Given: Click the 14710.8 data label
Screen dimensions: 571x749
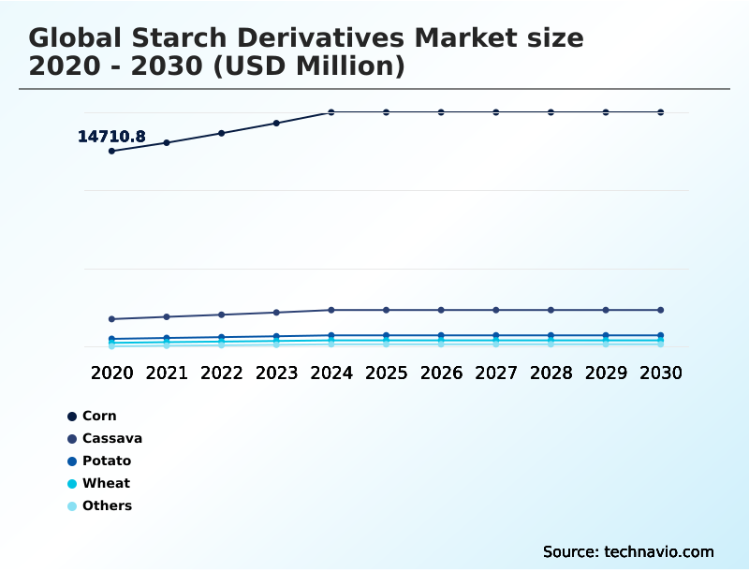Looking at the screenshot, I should [x=111, y=137].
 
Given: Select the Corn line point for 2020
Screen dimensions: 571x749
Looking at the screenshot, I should [x=111, y=151].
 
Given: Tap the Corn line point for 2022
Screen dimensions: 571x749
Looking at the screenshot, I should [x=222, y=133].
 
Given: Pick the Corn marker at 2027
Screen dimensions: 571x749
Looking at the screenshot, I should [x=496, y=112].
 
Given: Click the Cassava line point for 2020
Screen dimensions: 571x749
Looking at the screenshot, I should [x=111, y=319].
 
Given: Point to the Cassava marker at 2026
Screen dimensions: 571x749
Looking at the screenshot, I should [x=441, y=310].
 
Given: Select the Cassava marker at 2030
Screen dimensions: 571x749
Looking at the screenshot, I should [x=660, y=310].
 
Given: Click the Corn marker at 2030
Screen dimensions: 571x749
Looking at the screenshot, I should [x=660, y=112].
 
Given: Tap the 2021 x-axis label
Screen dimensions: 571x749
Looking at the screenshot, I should [x=167, y=373].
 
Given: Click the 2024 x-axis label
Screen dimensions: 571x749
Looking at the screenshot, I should [x=331, y=373].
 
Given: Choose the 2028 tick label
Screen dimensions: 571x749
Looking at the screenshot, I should [x=551, y=373].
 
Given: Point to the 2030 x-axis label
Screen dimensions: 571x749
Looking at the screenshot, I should [x=660, y=373].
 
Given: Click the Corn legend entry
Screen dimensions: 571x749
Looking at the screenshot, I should [x=99, y=416].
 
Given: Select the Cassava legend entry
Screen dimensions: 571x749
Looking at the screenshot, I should [x=111, y=438].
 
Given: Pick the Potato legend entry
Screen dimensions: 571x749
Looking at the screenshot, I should [x=106, y=461].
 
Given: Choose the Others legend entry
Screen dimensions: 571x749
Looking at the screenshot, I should [x=107, y=505].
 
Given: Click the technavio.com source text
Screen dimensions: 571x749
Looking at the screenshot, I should [x=659, y=551].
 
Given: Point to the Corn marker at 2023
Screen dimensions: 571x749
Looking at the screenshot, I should [x=276, y=123].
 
